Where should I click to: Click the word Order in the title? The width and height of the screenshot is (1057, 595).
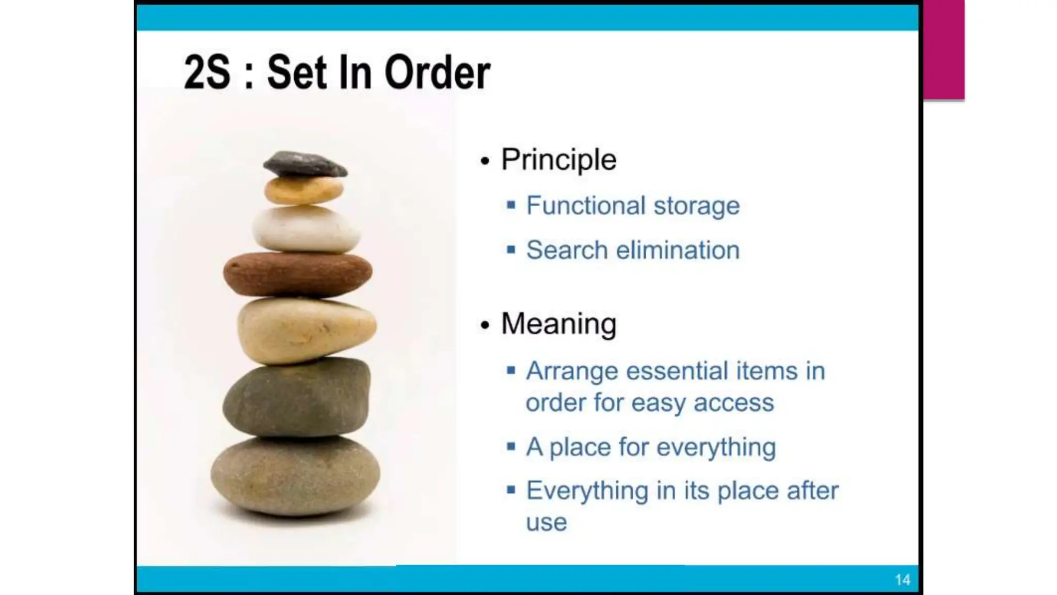(x=437, y=73)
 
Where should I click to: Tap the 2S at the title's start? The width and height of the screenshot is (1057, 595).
(x=207, y=73)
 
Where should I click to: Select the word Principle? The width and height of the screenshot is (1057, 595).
(x=558, y=160)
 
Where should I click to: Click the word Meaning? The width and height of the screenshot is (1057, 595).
(x=558, y=324)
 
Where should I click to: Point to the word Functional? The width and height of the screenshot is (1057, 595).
(x=586, y=206)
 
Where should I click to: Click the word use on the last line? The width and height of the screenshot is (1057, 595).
(x=546, y=523)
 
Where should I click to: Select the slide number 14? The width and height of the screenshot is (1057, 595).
(x=902, y=580)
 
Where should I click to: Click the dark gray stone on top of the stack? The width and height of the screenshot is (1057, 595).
(x=305, y=164)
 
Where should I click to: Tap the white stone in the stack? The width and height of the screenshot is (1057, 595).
(x=306, y=229)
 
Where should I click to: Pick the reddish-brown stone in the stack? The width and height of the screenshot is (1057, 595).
(x=297, y=274)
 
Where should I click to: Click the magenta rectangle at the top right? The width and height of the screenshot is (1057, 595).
(x=943, y=50)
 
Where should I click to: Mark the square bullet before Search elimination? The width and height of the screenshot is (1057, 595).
(x=511, y=250)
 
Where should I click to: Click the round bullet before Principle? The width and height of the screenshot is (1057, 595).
(x=484, y=161)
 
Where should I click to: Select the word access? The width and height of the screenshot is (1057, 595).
(x=733, y=403)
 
